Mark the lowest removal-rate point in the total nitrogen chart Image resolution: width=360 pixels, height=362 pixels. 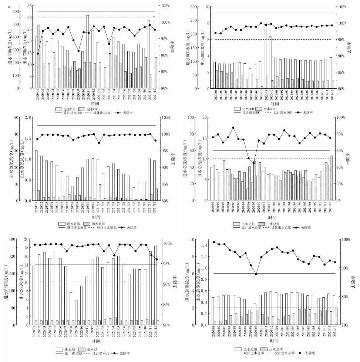(254, 163)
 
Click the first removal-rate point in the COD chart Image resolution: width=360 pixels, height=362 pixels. (38, 54)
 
